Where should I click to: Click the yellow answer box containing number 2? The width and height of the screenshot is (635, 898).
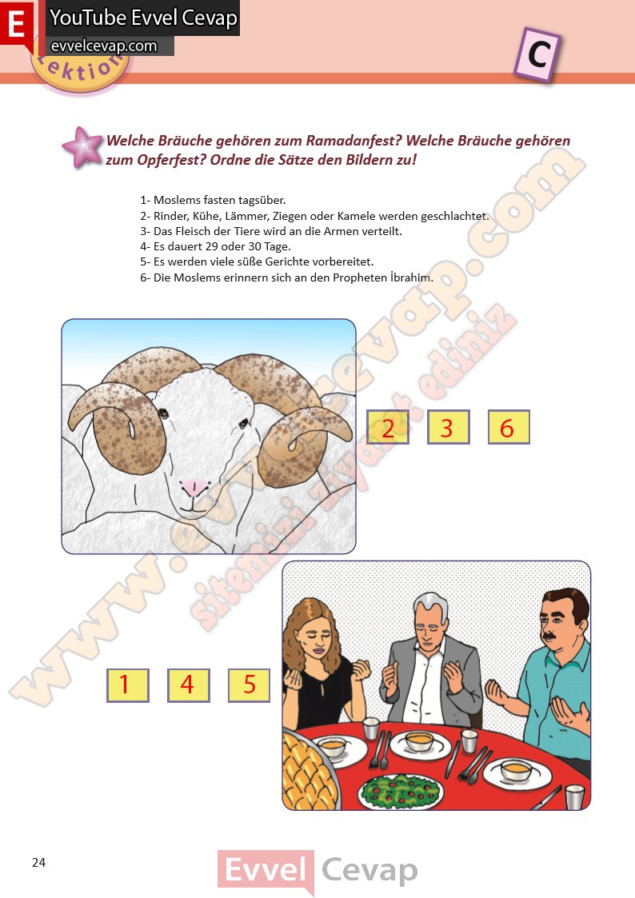[388, 427]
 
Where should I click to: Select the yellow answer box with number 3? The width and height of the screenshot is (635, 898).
[449, 427]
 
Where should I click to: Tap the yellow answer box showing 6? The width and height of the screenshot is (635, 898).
[509, 427]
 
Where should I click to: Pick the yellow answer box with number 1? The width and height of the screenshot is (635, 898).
[128, 685]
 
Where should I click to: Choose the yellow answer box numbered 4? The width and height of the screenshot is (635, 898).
[189, 685]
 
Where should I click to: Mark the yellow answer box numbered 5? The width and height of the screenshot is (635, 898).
[249, 685]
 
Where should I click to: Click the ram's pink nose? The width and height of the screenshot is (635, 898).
[194, 487]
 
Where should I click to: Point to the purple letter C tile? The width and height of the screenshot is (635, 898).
[537, 54]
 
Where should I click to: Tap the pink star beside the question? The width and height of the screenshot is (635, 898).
[83, 147]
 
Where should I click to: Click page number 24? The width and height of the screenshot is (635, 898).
[39, 863]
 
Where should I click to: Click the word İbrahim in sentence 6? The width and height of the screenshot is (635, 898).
[411, 277]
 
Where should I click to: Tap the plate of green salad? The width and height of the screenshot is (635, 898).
[401, 792]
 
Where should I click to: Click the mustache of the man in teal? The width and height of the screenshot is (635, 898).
[549, 635]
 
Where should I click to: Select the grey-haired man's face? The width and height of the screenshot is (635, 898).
[429, 621]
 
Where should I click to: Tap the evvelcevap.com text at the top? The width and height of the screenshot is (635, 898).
[104, 46]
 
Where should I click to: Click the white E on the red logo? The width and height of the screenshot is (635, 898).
[17, 24]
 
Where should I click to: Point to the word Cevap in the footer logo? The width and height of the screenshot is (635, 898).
[369, 871]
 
